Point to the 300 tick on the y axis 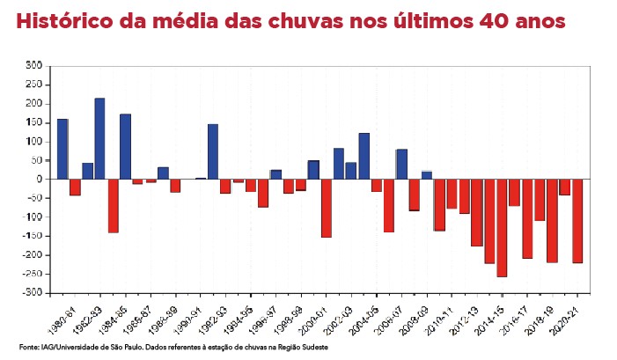tap(34, 65)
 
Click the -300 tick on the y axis tap(33, 293)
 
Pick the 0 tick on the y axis tap(40, 179)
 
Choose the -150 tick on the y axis tap(33, 236)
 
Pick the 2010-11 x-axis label tap(441, 312)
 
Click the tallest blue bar tap(100, 138)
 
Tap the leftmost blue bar tap(62, 149)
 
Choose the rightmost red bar tap(577, 220)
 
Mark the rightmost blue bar tap(427, 174)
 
